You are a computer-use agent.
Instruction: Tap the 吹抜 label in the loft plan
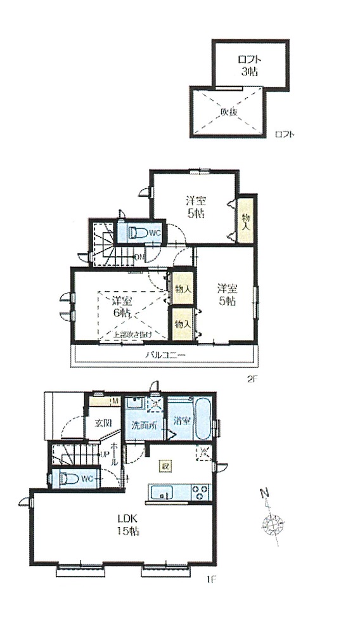click(x=229, y=112)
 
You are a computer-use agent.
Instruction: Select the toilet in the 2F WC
click(x=138, y=233)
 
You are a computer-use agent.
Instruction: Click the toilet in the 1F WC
click(x=65, y=479)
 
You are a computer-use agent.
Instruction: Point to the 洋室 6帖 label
click(x=122, y=306)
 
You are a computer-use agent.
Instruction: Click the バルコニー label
click(x=165, y=355)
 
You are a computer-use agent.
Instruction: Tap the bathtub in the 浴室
click(x=203, y=420)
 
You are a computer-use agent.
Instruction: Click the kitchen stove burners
click(x=200, y=491)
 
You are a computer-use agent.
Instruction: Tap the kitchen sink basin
click(x=159, y=492)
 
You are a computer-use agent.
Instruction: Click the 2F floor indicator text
click(x=253, y=379)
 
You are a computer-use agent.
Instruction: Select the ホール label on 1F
click(x=115, y=454)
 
